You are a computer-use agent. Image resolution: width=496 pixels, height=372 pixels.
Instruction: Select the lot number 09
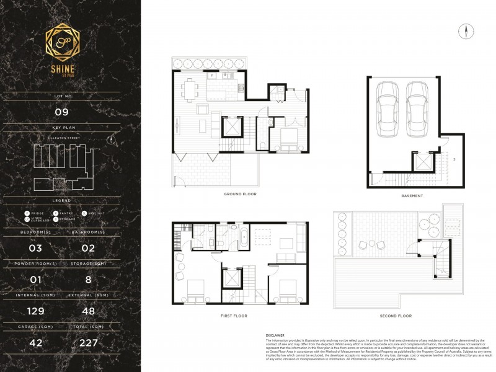click(x=70, y=112)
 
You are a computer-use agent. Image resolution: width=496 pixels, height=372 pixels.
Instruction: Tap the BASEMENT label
click(x=412, y=196)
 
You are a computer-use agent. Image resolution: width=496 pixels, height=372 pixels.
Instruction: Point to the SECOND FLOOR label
click(x=396, y=316)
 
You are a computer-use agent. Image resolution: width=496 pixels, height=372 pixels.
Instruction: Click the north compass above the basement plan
click(x=463, y=30)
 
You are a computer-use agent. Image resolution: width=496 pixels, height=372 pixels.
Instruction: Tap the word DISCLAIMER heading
click(x=275, y=335)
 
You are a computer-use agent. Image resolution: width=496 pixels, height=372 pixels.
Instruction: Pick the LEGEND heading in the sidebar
click(x=70, y=201)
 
